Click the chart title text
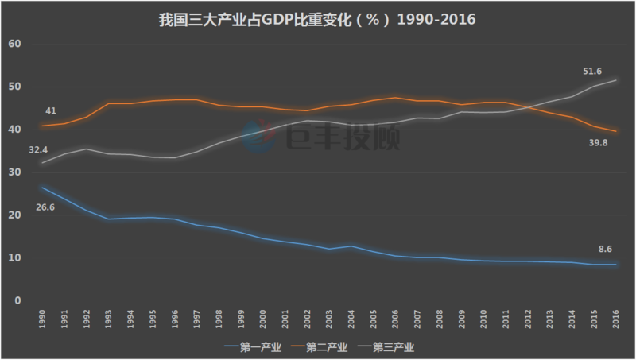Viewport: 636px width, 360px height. (318, 19)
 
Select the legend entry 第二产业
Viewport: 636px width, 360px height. (323, 346)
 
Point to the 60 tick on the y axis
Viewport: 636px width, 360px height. (14, 44)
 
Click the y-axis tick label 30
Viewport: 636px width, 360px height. (14, 172)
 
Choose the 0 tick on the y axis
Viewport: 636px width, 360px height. (17, 301)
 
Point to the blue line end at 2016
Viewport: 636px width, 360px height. (615, 265)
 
